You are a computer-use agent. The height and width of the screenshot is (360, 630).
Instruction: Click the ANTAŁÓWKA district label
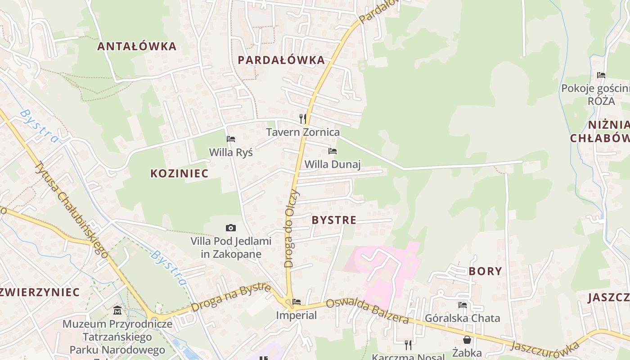point(137,46)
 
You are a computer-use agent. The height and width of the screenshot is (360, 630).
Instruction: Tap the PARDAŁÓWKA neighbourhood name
point(281,60)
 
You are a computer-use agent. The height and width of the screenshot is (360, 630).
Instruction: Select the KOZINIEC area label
point(179,174)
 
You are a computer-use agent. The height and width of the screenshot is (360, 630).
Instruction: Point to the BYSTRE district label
point(334,220)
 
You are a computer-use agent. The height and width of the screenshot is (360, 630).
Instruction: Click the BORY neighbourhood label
point(485,271)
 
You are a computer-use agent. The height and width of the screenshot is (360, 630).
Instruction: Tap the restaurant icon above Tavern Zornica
point(303,119)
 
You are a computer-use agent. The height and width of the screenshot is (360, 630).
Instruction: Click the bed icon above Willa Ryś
point(231,139)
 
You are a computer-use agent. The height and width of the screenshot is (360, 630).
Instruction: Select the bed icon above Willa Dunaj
point(333,151)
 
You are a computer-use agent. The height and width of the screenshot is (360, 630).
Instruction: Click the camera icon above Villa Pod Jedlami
point(231,228)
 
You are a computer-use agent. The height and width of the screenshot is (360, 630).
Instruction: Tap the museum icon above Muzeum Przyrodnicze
point(117,310)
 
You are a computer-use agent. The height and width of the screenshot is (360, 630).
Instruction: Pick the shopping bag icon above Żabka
point(467,340)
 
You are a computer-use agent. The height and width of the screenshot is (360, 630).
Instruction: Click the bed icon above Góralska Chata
point(462,305)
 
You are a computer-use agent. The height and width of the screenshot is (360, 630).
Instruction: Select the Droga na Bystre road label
point(231,297)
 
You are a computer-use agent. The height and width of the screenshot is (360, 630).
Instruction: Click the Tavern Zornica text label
point(303,132)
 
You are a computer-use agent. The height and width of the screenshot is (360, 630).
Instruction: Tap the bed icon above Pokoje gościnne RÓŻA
point(601,75)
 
